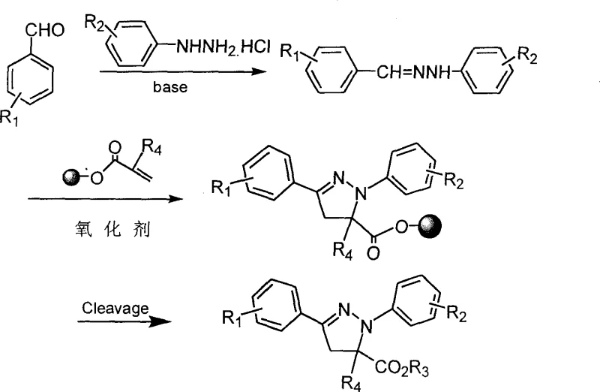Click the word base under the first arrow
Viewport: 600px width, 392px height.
point(171,86)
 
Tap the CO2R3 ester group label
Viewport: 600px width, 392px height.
point(427,367)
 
